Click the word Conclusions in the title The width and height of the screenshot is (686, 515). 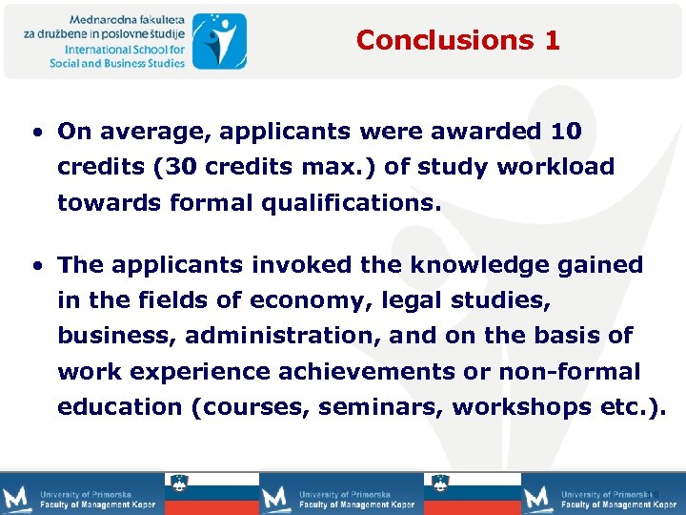coord(441,40)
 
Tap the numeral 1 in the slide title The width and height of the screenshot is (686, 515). coord(553,40)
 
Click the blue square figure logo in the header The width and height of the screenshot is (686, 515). coord(219,41)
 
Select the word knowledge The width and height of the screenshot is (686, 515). coord(457,264)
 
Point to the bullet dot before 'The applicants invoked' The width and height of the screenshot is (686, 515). coord(36,265)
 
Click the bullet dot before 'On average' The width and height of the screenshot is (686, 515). coord(36,132)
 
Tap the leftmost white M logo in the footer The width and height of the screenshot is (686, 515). coord(17,497)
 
